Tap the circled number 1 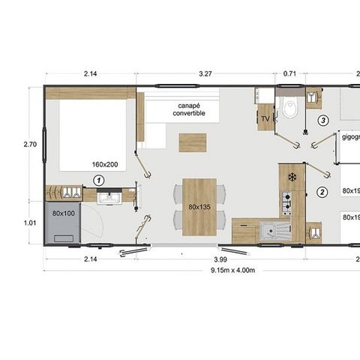(x=98, y=180)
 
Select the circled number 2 (x=322, y=192)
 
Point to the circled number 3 (x=323, y=120)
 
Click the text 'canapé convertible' (x=187, y=109)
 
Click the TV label (x=265, y=119)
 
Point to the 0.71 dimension (x=289, y=74)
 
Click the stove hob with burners (x=286, y=201)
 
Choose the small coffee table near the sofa (x=191, y=141)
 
